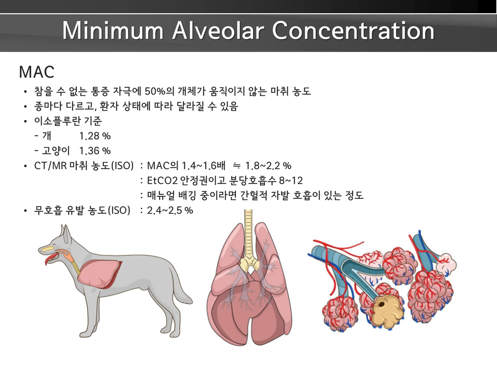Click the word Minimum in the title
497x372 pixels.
pos(113,30)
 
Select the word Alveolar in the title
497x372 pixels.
pos(218,30)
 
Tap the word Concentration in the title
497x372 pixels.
pos(353,30)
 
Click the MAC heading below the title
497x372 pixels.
pos(37,72)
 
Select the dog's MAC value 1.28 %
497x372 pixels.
pos(95,136)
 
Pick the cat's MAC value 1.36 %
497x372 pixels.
pos(95,151)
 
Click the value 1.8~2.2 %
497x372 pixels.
pos(268,166)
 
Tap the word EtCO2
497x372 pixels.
pos(162,181)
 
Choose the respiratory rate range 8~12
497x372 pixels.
pos(291,181)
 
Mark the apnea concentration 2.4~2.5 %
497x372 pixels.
pos(170,210)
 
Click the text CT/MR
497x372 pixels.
pos(50,166)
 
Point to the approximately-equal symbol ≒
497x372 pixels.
pos(236,166)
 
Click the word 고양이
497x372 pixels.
pos(56,151)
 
